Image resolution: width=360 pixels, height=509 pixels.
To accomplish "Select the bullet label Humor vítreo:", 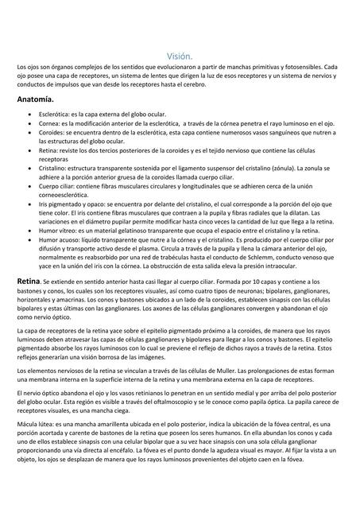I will click(x=60, y=229).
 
